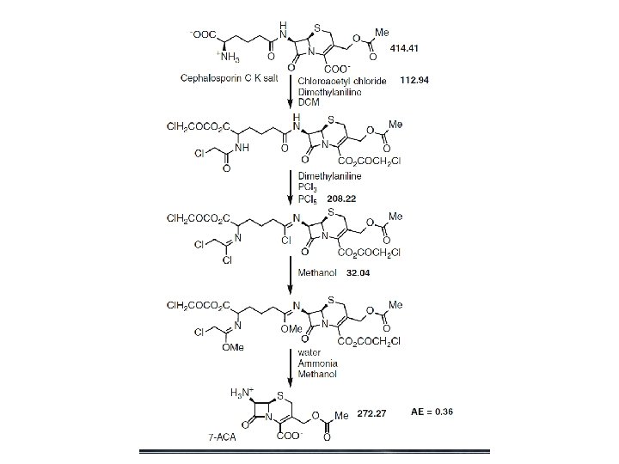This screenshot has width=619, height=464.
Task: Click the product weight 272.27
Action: tap(371, 412)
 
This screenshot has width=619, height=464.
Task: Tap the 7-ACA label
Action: tap(222, 437)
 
